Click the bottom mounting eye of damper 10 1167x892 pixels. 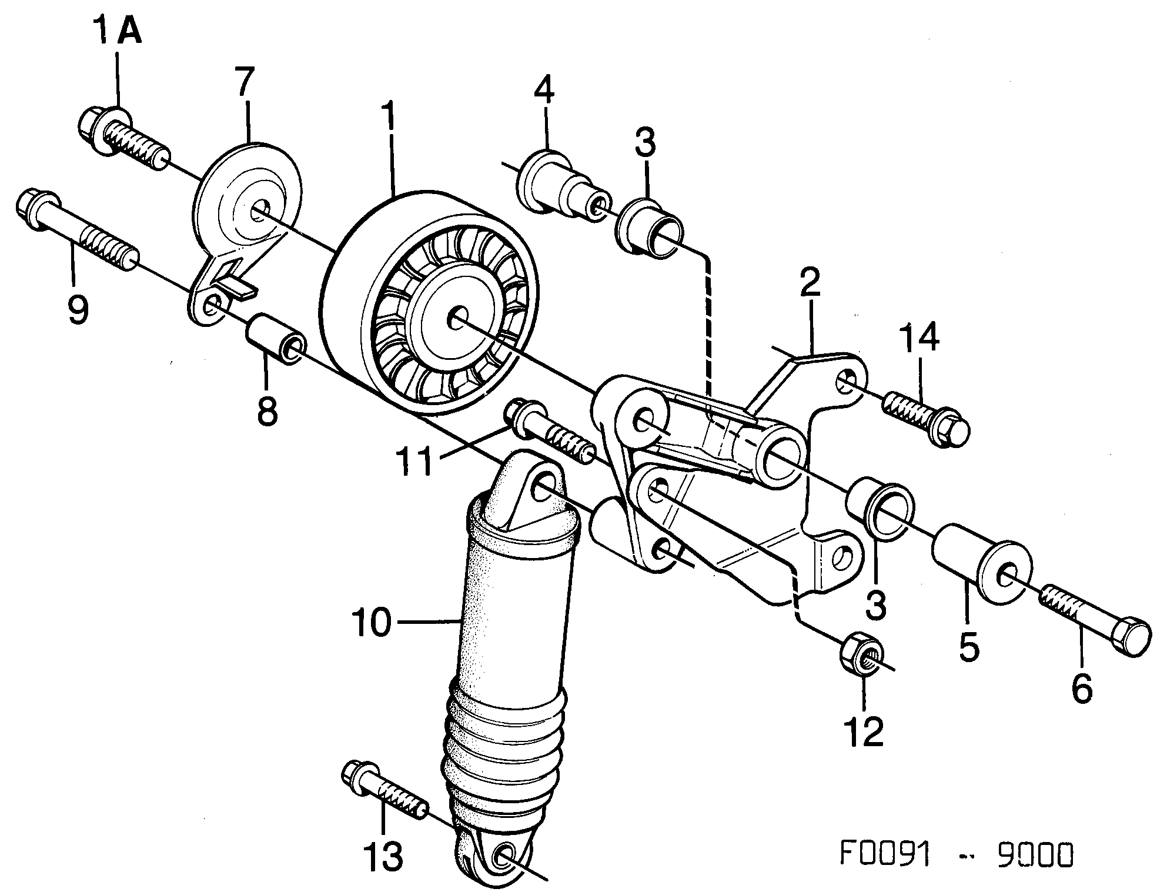coord(504,856)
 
